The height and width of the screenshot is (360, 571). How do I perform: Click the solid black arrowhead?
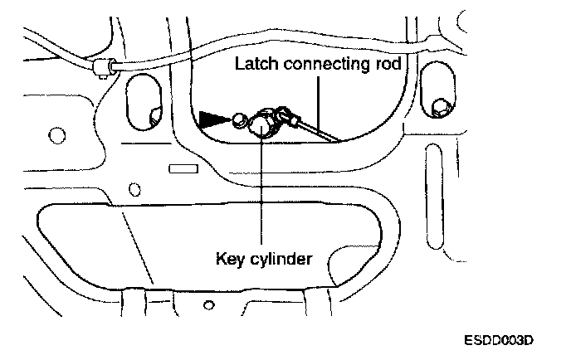pos(213,119)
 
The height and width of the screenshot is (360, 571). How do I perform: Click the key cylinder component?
pos(262,125)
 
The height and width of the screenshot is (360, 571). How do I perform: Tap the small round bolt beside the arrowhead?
pos(239,121)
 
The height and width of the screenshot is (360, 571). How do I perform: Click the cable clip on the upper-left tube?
pos(103,66)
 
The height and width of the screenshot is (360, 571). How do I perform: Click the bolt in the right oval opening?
pos(441,106)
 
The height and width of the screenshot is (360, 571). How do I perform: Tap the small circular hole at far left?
pos(57,134)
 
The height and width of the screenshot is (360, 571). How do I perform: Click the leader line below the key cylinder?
pos(261,191)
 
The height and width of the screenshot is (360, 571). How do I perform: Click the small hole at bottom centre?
pos(203,309)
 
